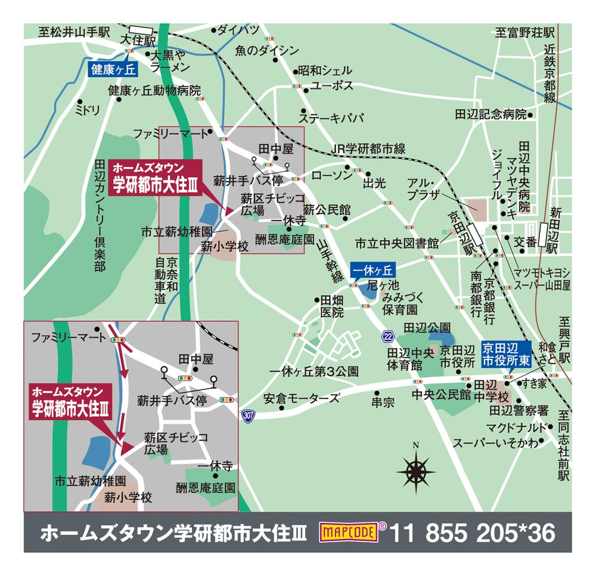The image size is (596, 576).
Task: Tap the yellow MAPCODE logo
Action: [x=349, y=532]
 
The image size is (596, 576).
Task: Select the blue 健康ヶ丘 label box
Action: [x=113, y=70]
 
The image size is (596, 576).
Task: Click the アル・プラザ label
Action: [x=423, y=188]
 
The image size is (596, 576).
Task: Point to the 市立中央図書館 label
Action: [x=397, y=244]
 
